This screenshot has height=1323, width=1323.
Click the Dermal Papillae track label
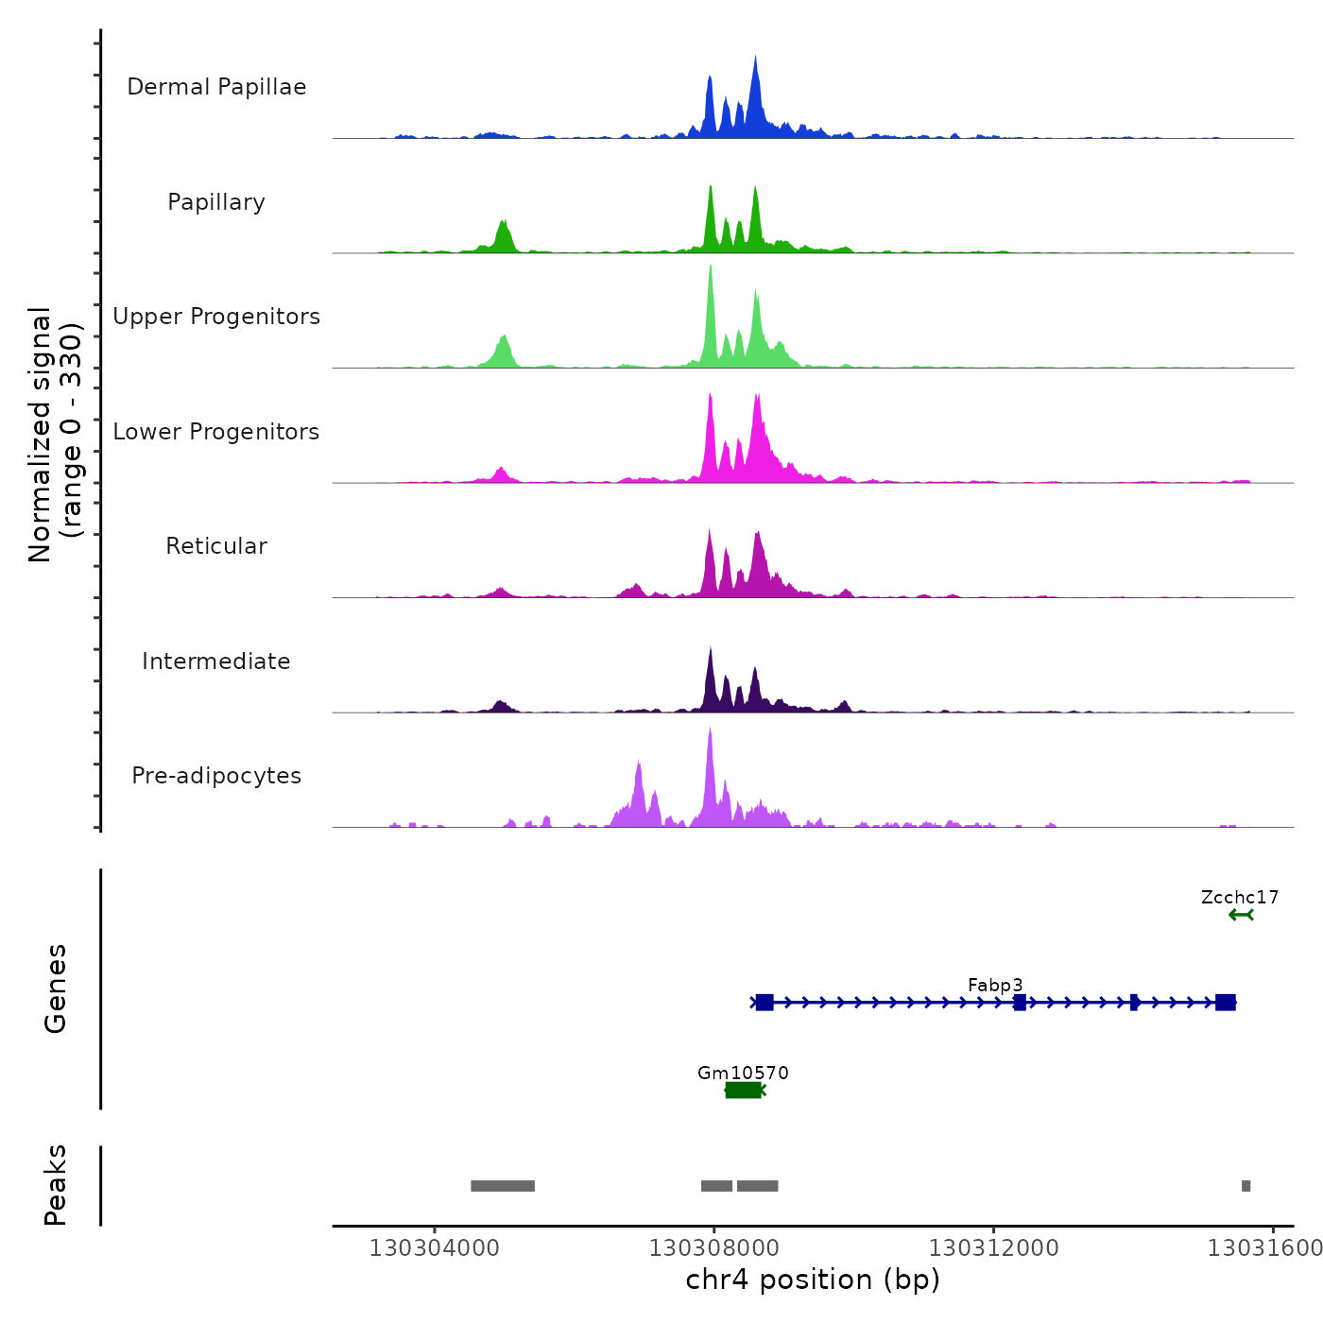[216, 87]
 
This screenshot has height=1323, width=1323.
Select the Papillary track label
[216, 202]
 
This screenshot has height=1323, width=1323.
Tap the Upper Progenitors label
[216, 317]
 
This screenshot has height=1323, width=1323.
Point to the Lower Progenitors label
[216, 432]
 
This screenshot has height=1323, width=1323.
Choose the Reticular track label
[216, 546]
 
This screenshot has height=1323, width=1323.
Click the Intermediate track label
[216, 661]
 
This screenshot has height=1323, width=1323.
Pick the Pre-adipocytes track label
[216, 776]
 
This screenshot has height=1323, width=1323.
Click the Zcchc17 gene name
[1240, 897]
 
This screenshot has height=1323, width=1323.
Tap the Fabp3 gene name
[995, 985]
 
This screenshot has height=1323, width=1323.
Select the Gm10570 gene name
[743, 1073]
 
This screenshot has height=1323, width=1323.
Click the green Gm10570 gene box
[743, 1091]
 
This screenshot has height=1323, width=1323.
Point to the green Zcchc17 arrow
[1241, 915]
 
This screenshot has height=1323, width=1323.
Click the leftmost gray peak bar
[503, 1186]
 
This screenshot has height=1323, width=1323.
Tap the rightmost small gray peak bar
[1246, 1186]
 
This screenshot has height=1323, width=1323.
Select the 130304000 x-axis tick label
[434, 1248]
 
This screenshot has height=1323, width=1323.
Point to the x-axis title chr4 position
[813, 1280]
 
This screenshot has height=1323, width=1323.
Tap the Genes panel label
[56, 988]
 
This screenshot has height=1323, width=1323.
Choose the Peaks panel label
[56, 1185]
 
